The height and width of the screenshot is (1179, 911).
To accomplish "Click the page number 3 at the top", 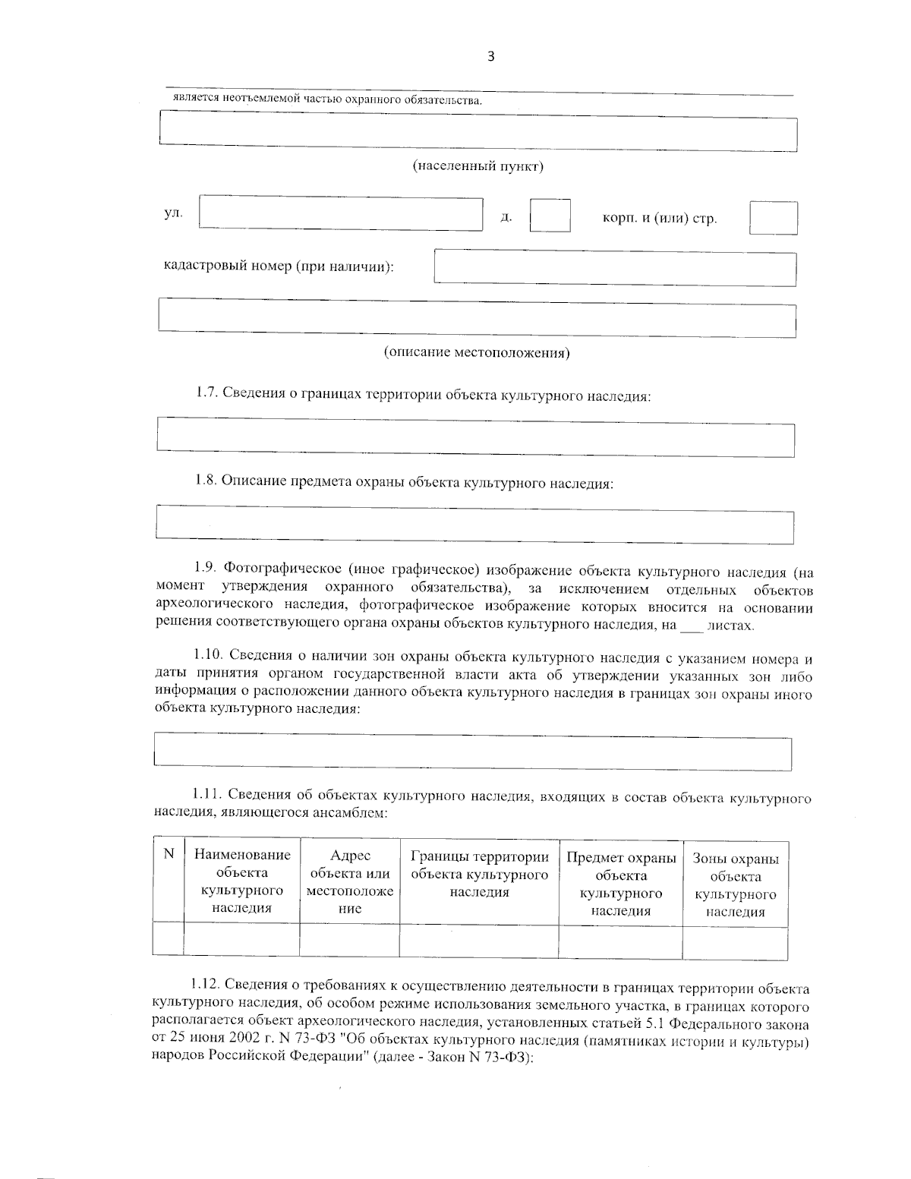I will pos(490,56).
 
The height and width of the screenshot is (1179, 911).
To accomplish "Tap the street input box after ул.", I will pos(341,213).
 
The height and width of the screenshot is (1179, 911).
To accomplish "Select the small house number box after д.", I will pos(550,216).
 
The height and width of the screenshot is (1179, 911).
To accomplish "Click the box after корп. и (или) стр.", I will pos(773,218).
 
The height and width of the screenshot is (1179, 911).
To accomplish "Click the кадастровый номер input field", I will pos(615,268).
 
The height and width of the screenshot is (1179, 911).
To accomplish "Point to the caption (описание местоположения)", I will pos(477,352).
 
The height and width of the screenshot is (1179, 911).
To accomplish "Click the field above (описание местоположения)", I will pos(477,319).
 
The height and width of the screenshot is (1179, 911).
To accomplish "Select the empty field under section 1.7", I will pos(475,440).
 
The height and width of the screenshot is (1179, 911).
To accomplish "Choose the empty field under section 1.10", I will pos(472,753).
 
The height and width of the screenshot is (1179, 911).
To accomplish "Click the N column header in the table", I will pos(169,854).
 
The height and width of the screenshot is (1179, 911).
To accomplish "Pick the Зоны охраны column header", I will pos(735,884).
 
